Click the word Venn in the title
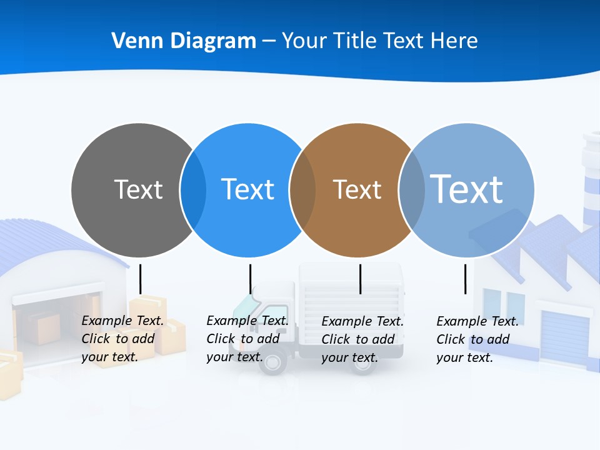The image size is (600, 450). pyautogui.click(x=132, y=41)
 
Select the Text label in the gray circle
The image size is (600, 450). pyautogui.click(x=138, y=189)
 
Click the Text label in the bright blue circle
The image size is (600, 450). pyautogui.click(x=247, y=189)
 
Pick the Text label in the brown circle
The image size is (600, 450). pyautogui.click(x=357, y=189)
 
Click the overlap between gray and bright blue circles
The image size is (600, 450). pyautogui.click(x=193, y=190)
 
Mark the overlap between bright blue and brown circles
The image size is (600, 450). pyautogui.click(x=302, y=190)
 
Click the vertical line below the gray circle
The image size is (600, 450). pyautogui.click(x=140, y=279)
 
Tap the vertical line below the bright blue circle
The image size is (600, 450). pyautogui.click(x=250, y=279)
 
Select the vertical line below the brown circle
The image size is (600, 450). pyautogui.click(x=360, y=279)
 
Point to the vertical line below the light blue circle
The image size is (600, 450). pyautogui.click(x=465, y=279)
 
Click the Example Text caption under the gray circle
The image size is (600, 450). pyautogui.click(x=122, y=339)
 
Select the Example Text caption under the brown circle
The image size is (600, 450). pyautogui.click(x=362, y=339)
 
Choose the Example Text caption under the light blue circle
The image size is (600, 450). pyautogui.click(x=477, y=339)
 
